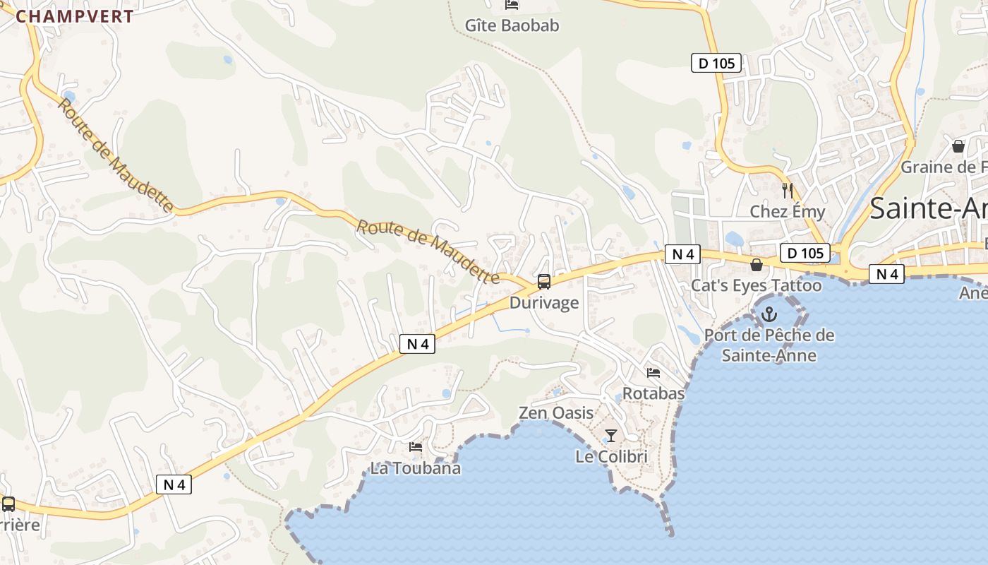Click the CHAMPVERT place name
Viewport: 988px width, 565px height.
coord(75,17)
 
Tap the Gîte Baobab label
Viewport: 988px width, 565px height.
coord(512,26)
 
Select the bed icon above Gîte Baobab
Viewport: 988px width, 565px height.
coord(512,5)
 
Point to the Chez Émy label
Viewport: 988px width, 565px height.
coord(787,211)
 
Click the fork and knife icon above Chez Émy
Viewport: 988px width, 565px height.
coord(788,190)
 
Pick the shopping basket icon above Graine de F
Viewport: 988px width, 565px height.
coord(958,146)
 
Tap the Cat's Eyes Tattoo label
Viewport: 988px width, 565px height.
coord(756,285)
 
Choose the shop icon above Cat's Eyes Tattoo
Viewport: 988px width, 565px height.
coord(757,265)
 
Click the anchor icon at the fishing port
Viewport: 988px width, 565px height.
coord(769,314)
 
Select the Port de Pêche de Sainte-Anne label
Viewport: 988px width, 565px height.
coord(769,345)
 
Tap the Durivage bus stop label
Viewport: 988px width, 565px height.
coord(544,303)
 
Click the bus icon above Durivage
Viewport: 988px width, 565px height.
coord(544,282)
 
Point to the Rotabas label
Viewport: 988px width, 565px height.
coord(653,393)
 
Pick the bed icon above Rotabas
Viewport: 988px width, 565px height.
coord(653,372)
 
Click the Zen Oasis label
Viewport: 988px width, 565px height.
coord(556,412)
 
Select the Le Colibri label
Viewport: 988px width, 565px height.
coord(611,457)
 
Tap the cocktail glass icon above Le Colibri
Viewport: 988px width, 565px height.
coord(611,436)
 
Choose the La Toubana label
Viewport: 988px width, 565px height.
coord(416,468)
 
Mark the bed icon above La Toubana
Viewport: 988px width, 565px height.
coord(416,447)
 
